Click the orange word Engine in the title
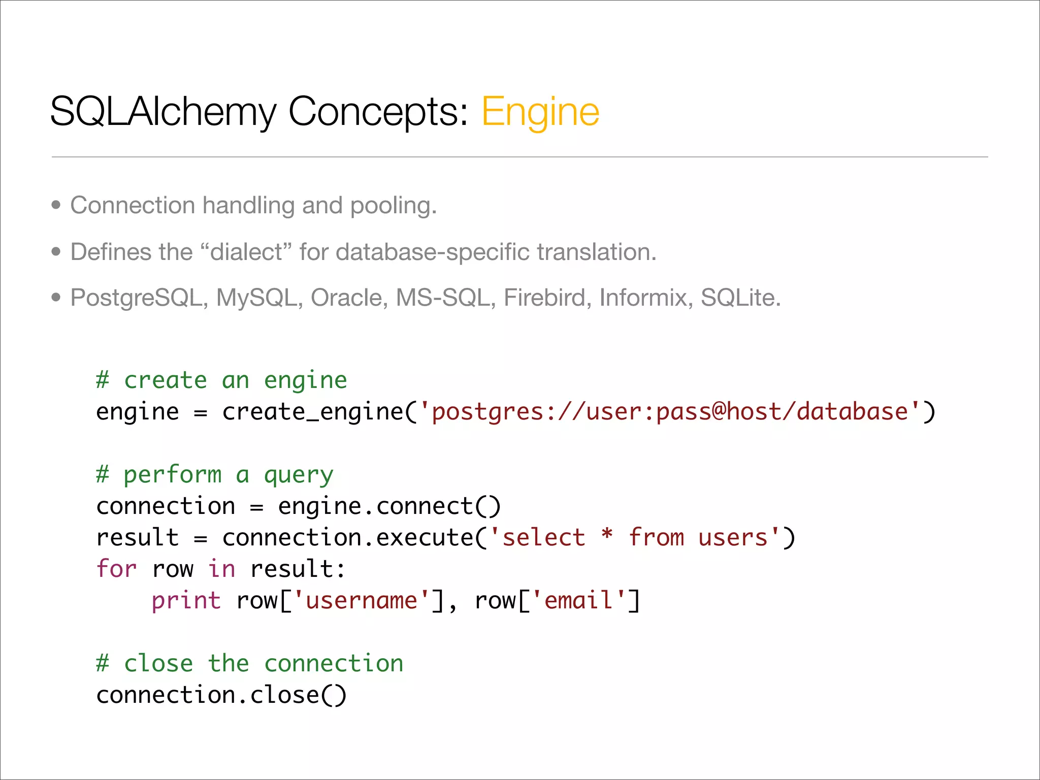(540, 112)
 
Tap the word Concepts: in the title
(378, 112)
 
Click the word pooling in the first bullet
(393, 206)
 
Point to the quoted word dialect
(246, 252)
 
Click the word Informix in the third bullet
(643, 298)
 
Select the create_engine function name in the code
(312, 412)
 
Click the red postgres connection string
(670, 412)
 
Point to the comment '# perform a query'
(215, 475)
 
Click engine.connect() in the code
(389, 506)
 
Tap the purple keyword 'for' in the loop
(116, 569)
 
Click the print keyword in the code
(186, 601)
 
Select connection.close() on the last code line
(221, 695)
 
